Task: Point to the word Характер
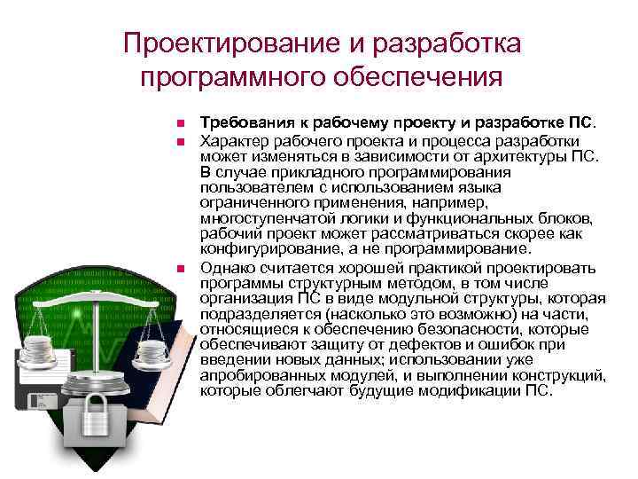[232, 140]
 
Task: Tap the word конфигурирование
[265, 248]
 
